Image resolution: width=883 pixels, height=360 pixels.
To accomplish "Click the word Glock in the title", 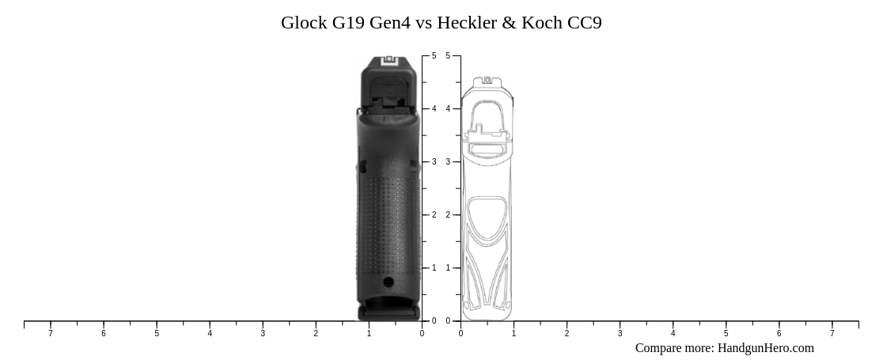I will [x=304, y=23].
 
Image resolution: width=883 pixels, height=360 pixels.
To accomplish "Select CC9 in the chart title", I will [x=584, y=23].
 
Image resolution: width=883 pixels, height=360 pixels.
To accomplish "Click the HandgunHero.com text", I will [x=765, y=348].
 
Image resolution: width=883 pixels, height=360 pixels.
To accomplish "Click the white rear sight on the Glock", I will [x=389, y=61].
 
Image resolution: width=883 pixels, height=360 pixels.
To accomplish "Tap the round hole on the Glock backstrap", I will [x=388, y=282].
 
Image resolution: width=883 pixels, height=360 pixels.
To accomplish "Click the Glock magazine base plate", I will [x=389, y=313].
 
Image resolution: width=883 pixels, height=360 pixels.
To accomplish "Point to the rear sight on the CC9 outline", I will [x=487, y=80].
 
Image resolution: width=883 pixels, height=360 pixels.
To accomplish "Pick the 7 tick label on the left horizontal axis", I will [x=51, y=334].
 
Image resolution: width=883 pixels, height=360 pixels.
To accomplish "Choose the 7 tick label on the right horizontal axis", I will [x=832, y=334].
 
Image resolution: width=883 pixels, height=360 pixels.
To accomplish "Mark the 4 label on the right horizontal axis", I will [x=673, y=334].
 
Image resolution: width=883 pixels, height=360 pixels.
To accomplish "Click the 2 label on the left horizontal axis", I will [x=316, y=334].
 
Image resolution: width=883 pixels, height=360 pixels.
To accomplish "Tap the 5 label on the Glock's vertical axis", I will [x=434, y=56].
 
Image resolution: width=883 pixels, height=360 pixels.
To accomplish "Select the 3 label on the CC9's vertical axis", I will [x=448, y=162].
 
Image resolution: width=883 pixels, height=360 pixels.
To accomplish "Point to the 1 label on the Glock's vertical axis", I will [x=434, y=268].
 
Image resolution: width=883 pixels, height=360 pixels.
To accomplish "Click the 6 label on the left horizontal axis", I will [x=104, y=334].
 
